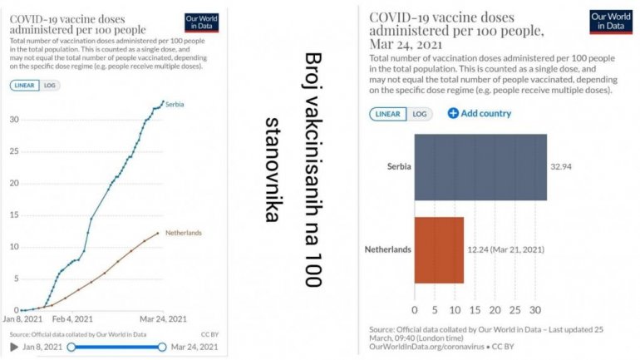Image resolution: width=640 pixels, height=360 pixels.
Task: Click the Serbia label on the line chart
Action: pos(175,104)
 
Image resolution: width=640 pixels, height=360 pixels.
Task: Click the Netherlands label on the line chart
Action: pos(184,233)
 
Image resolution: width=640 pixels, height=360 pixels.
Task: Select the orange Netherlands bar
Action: pos(439,249)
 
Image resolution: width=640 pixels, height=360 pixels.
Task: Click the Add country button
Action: pos(480,113)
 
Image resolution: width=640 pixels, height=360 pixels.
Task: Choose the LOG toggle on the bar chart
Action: pos(420,114)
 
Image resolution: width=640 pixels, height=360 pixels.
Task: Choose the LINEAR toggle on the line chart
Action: pos(24,85)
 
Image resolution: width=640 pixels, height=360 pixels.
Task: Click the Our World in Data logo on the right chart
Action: pos(610,21)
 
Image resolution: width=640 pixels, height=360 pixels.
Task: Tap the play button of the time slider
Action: pos(13,347)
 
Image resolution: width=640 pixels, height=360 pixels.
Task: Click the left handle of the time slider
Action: pos(71,347)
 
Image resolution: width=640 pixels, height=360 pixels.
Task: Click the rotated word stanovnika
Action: pos(271,170)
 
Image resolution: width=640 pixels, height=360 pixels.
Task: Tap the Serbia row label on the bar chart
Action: pos(398,167)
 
